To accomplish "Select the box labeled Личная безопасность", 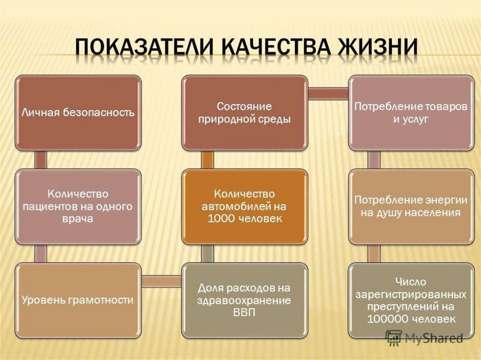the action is pyautogui.click(x=78, y=113).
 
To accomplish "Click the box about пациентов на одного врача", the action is pyautogui.click(x=78, y=207).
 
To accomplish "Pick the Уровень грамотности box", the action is pyautogui.click(x=78, y=300).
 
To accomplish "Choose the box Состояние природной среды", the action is pyautogui.click(x=244, y=113).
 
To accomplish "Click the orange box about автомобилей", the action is pyautogui.click(x=244, y=207).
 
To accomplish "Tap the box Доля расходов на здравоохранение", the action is pyautogui.click(x=244, y=300).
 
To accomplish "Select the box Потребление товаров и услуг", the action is pyautogui.click(x=411, y=113).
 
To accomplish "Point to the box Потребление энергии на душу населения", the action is pyautogui.click(x=411, y=207).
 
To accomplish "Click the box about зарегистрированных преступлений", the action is pyautogui.click(x=411, y=300).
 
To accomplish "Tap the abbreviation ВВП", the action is pyautogui.click(x=244, y=313).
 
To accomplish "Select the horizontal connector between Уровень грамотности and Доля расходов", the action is pyautogui.click(x=162, y=281).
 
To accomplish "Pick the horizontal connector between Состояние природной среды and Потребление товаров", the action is pyautogui.click(x=327, y=93).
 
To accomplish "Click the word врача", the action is pyautogui.click(x=77, y=219).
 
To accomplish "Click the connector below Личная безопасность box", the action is pyautogui.click(x=41, y=160).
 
